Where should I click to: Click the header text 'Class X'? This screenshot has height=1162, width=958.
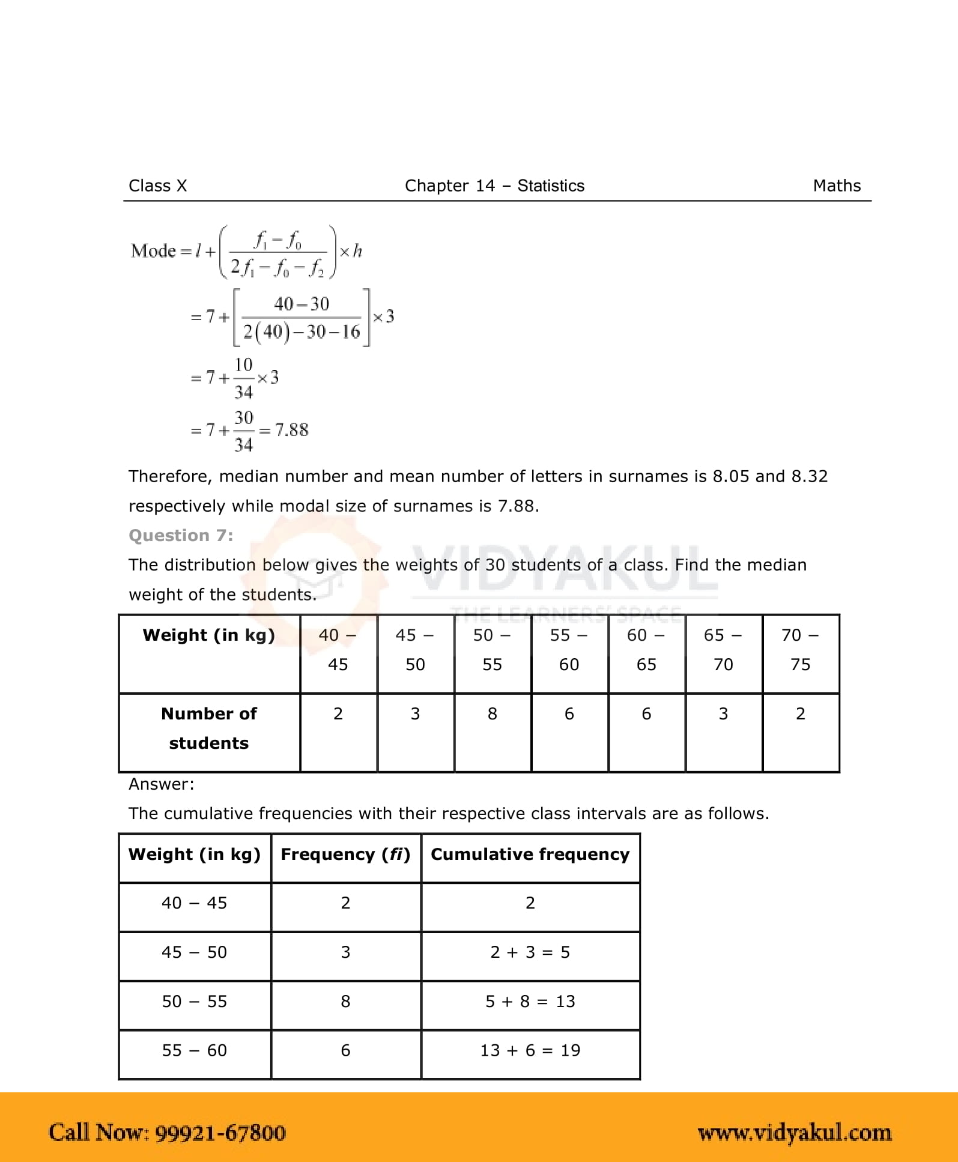[x=157, y=186]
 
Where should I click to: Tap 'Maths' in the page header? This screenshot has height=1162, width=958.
[x=837, y=186]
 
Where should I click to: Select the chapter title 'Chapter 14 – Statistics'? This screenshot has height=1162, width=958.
[x=494, y=186]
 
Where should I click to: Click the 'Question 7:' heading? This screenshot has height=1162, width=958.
[x=181, y=535]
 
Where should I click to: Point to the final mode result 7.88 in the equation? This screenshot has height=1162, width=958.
[x=291, y=430]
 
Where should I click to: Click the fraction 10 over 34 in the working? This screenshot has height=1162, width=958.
[x=243, y=378]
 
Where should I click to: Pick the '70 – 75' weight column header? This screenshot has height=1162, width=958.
[x=800, y=650]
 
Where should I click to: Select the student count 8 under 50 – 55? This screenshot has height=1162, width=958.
[x=493, y=713]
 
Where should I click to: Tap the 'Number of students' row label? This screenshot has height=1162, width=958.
[x=209, y=728]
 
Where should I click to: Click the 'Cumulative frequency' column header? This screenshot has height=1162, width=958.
[x=530, y=855]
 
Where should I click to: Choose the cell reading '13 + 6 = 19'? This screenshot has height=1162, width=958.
[x=530, y=1050]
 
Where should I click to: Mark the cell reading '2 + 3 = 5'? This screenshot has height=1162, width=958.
[x=530, y=952]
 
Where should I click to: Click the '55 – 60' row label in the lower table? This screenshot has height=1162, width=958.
[x=195, y=1050]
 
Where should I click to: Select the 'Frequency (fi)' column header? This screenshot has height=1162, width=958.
[x=345, y=855]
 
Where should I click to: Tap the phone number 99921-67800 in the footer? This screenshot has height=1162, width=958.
[x=220, y=1133]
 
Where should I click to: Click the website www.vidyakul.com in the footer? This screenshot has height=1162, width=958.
[x=795, y=1133]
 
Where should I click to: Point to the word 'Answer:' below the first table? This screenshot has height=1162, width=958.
[x=162, y=784]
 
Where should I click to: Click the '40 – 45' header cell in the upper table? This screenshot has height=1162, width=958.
[x=338, y=650]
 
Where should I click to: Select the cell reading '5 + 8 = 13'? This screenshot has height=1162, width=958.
[x=530, y=1001]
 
